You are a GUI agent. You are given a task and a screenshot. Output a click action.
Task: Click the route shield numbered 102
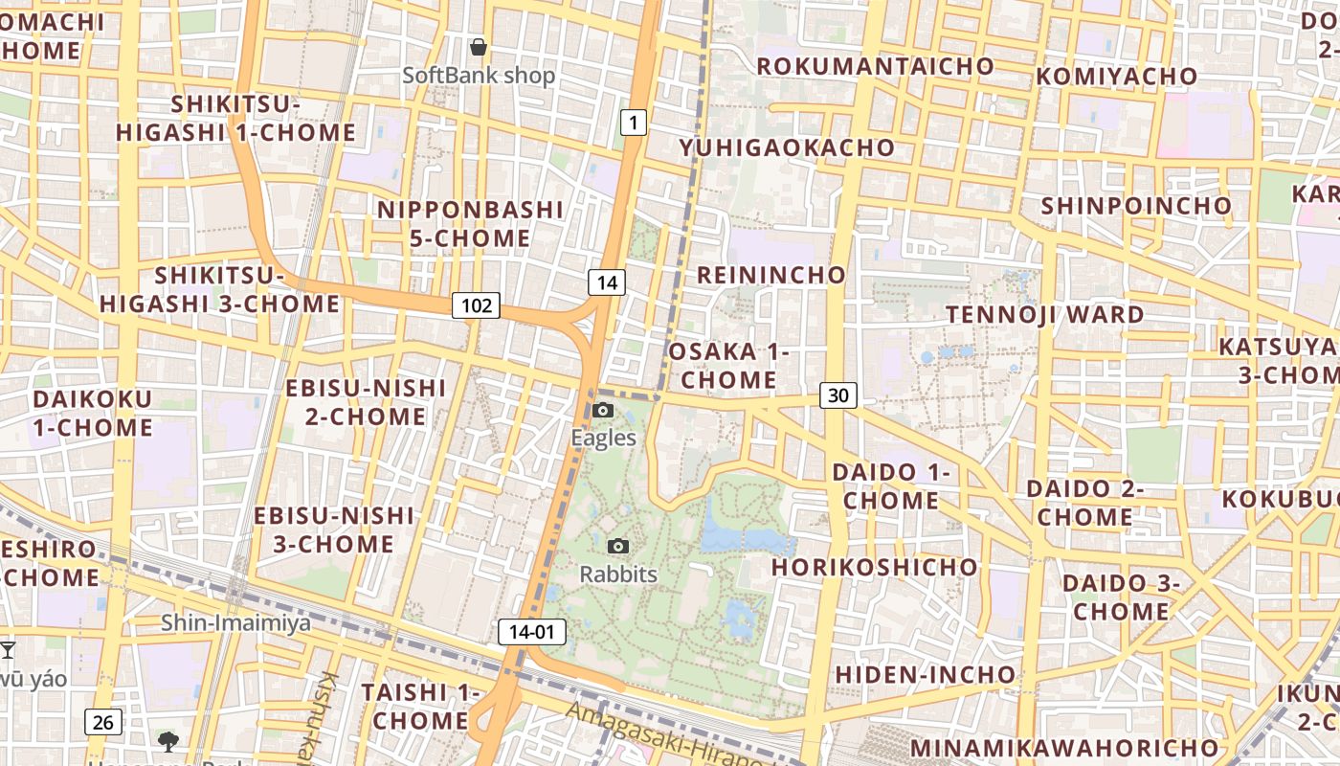[477, 305]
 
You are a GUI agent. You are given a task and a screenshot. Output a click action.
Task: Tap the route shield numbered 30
[838, 395]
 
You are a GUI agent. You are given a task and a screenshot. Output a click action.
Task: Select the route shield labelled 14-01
[532, 632]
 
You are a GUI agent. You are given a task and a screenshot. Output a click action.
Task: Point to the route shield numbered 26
[103, 722]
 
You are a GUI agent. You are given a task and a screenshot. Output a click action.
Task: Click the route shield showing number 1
[634, 123]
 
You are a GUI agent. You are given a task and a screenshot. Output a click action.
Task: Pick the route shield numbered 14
[607, 282]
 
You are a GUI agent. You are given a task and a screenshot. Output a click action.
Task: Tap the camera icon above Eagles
[602, 411]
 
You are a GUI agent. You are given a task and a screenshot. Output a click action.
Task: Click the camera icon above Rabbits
[619, 547]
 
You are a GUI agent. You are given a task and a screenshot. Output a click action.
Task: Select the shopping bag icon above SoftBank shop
[479, 47]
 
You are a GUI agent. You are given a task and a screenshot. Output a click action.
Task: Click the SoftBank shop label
[479, 76]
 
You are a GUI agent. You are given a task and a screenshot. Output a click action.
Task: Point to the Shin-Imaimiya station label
[235, 623]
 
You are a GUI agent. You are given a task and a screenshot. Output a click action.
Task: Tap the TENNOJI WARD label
[1045, 314]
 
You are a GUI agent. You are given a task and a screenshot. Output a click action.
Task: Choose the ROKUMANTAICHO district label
[876, 66]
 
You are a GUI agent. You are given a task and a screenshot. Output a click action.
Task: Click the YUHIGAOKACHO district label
[787, 147]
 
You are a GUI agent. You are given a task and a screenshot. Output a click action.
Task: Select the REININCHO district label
[771, 276]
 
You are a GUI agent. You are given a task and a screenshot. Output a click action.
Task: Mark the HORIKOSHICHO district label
[875, 567]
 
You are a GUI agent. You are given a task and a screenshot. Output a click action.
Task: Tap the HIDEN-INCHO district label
[926, 674]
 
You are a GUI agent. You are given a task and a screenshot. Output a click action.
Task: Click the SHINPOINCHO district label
[1136, 206]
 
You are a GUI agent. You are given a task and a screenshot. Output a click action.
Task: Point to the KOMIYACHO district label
[1116, 76]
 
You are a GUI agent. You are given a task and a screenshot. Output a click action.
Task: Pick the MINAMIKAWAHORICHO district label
[1064, 747]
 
